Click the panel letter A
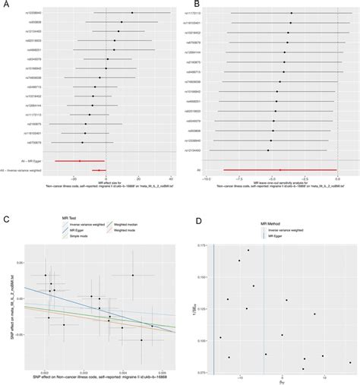pyautogui.click(x=5, y=5)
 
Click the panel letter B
pyautogui.click(x=186, y=5)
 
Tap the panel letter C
pyautogui.click(x=5, y=219)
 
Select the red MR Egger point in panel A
pyautogui.click(x=79, y=161)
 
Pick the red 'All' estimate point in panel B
pyautogui.click(x=280, y=170)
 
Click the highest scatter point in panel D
pyautogui.click(x=248, y=250)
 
